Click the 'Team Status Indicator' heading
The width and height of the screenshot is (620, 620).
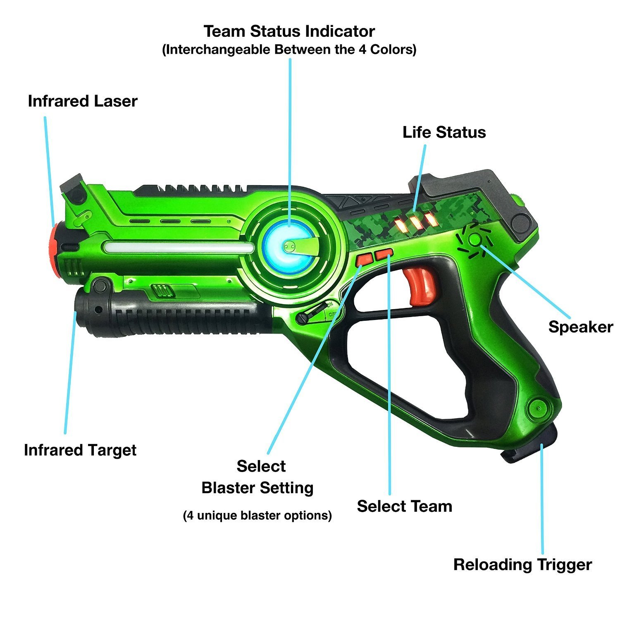click(289, 31)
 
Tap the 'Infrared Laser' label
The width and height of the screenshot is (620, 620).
click(83, 101)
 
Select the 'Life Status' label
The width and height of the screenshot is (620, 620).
click(444, 132)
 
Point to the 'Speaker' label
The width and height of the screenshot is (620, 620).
click(581, 327)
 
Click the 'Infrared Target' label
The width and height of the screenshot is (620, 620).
click(80, 450)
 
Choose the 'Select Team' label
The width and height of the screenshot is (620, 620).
click(405, 506)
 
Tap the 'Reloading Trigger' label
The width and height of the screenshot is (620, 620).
click(522, 565)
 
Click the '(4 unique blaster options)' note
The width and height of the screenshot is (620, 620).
click(258, 516)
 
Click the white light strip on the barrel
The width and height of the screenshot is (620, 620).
click(179, 248)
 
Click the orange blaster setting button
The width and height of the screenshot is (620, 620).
click(365, 259)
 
